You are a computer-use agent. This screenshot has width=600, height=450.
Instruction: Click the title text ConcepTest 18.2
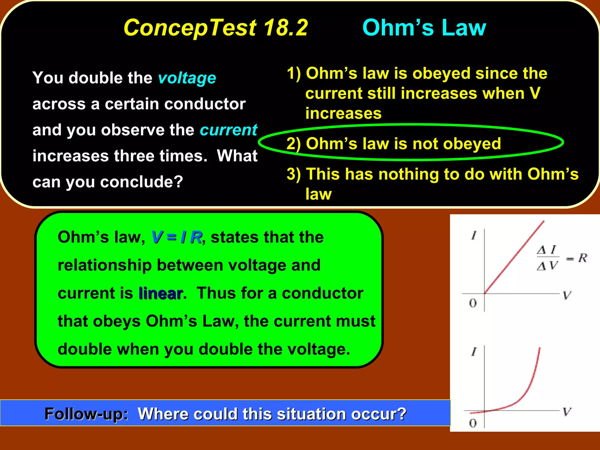point(216,28)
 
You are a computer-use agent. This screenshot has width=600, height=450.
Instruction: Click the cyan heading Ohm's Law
point(424,28)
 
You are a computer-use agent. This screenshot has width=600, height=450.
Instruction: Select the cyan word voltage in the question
point(187,78)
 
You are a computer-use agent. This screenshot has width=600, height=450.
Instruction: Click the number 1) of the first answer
point(294,73)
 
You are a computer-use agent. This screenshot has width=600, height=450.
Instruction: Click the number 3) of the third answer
point(294,174)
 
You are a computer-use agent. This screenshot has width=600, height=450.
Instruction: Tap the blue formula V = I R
point(177,237)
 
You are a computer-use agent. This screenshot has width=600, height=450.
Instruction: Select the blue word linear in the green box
point(161,293)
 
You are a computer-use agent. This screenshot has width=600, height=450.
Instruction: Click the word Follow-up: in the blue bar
point(86,414)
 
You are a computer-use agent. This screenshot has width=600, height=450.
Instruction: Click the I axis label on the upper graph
point(474,235)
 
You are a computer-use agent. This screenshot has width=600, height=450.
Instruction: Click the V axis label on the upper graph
point(567,295)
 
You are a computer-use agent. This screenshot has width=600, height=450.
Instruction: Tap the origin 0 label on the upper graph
point(473,303)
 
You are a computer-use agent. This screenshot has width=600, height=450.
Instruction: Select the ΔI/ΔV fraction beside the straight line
point(548,258)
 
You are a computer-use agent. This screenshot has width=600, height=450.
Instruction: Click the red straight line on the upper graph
point(514,257)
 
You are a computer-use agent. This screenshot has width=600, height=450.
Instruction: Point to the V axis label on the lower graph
point(567,412)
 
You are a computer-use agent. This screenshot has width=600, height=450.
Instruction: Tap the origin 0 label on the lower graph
point(473,423)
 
